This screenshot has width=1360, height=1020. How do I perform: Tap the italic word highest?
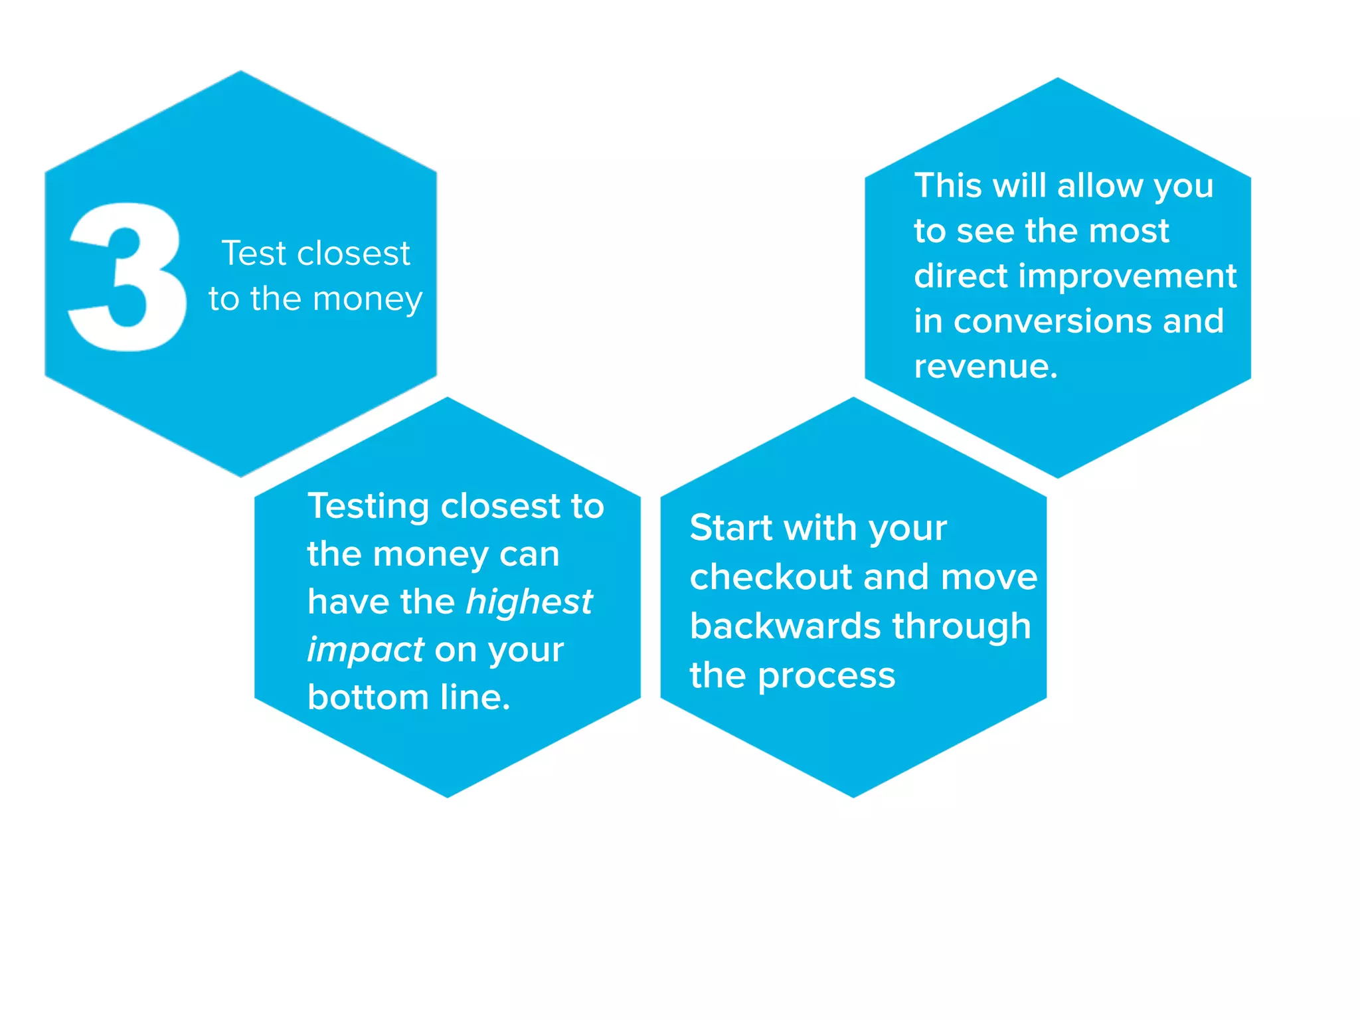coord(529,602)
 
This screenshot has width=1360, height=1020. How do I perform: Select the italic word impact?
coord(365,650)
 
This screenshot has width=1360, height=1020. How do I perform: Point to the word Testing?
coord(369,507)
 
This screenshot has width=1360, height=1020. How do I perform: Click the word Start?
coord(731,529)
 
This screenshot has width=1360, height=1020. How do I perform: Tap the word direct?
coord(960,276)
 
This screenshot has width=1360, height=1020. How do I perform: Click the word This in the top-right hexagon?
coord(948,186)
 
